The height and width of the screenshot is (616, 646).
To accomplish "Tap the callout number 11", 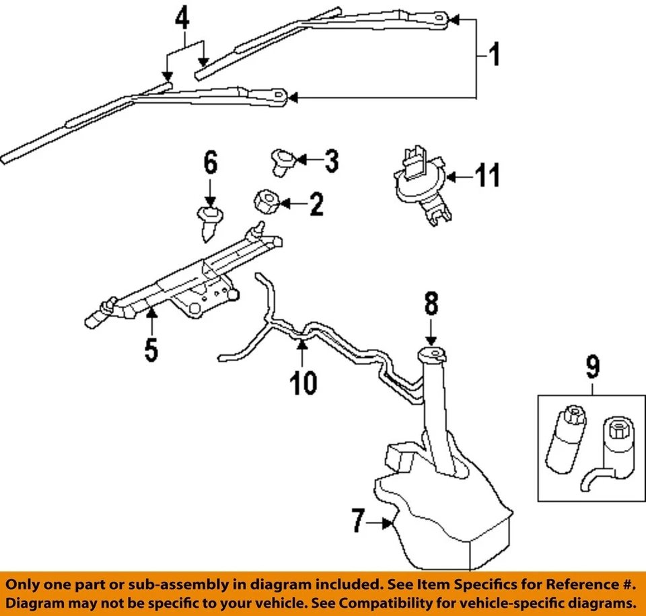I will click(489, 177).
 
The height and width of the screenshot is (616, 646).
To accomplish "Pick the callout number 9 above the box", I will click(592, 367).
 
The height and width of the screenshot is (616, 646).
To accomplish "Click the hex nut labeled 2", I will click(264, 200).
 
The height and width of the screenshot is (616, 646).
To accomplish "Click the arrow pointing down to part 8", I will click(430, 336).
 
